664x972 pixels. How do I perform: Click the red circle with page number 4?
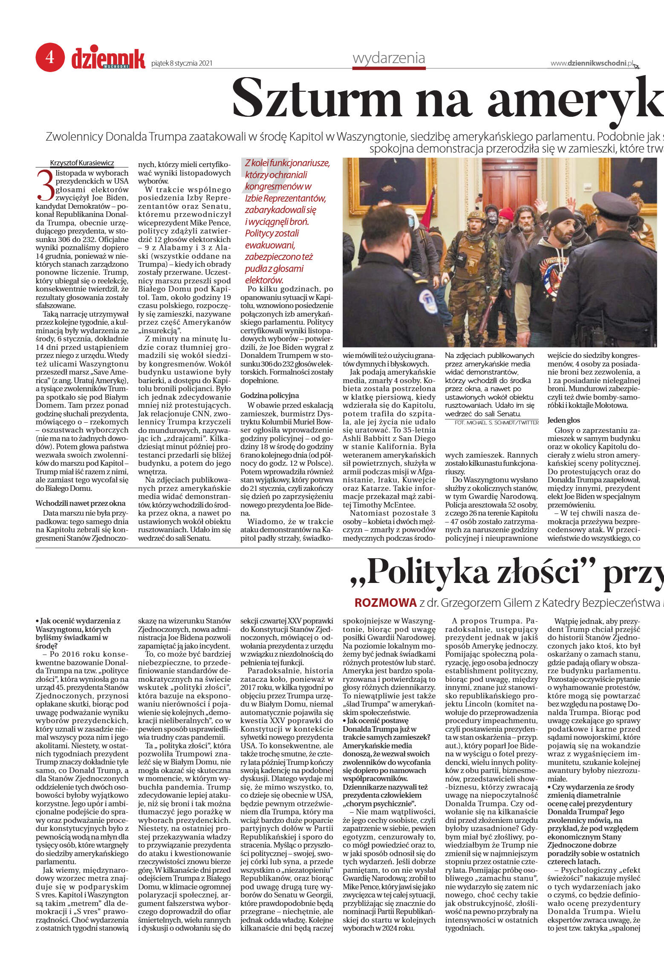coord(50,57)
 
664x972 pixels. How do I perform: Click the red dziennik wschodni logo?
coord(108,59)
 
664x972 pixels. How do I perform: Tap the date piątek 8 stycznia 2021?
coord(182,64)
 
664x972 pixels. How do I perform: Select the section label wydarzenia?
coord(389,58)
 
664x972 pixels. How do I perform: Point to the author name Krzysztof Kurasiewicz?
coord(82,163)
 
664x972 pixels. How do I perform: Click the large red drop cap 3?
coord(45,185)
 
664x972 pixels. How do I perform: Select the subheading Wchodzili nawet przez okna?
coord(81,503)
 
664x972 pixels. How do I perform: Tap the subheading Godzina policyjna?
coord(270,395)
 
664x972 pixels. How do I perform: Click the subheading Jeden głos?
coord(563,420)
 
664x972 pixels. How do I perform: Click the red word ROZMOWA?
coord(385,603)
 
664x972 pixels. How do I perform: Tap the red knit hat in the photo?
coord(506,213)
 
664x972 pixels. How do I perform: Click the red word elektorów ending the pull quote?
coord(264,280)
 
